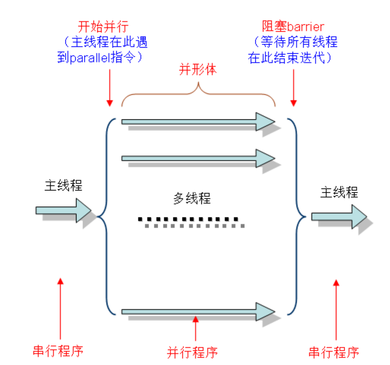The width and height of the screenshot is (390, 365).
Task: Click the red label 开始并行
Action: click(x=103, y=27)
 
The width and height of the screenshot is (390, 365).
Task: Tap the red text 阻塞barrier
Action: click(x=293, y=27)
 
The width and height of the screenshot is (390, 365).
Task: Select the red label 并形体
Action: click(x=198, y=70)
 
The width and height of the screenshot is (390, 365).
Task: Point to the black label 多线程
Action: click(x=192, y=198)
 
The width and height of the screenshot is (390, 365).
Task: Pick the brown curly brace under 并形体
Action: click(x=198, y=94)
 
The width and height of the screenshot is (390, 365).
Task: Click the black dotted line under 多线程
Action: click(x=188, y=219)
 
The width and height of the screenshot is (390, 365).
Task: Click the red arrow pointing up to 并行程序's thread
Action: click(x=195, y=329)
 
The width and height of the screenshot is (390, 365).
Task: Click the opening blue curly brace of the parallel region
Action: click(x=104, y=217)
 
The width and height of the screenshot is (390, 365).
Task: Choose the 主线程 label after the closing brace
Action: click(x=339, y=192)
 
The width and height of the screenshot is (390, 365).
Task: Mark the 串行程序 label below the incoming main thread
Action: click(x=58, y=351)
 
